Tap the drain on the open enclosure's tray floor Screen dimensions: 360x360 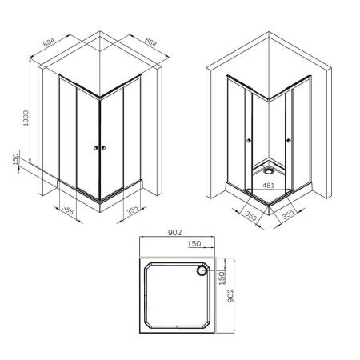(267, 169)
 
